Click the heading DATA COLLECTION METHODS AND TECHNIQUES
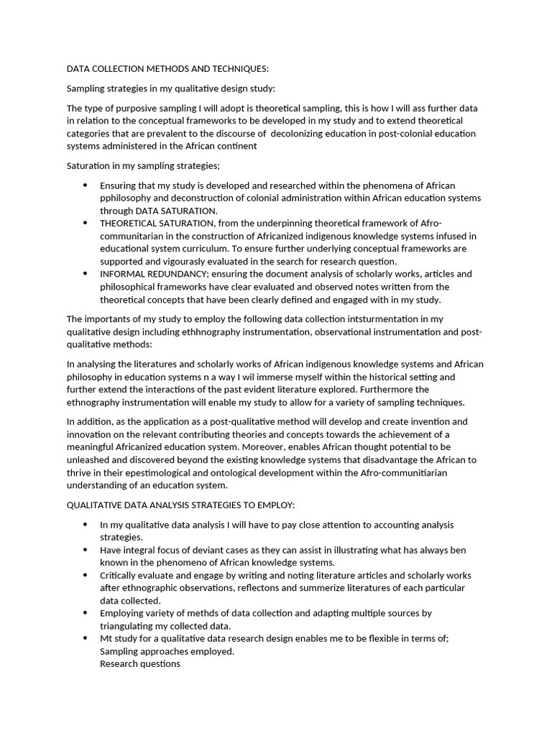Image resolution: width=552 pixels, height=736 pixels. (167, 69)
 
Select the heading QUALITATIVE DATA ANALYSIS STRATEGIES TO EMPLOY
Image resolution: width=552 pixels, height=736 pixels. (180, 505)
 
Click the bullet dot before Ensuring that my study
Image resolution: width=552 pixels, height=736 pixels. (86, 185)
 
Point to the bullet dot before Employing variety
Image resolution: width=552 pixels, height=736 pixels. (86, 613)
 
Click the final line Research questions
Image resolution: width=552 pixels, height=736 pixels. (139, 664)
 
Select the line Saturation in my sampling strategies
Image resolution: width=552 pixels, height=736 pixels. (133, 166)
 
